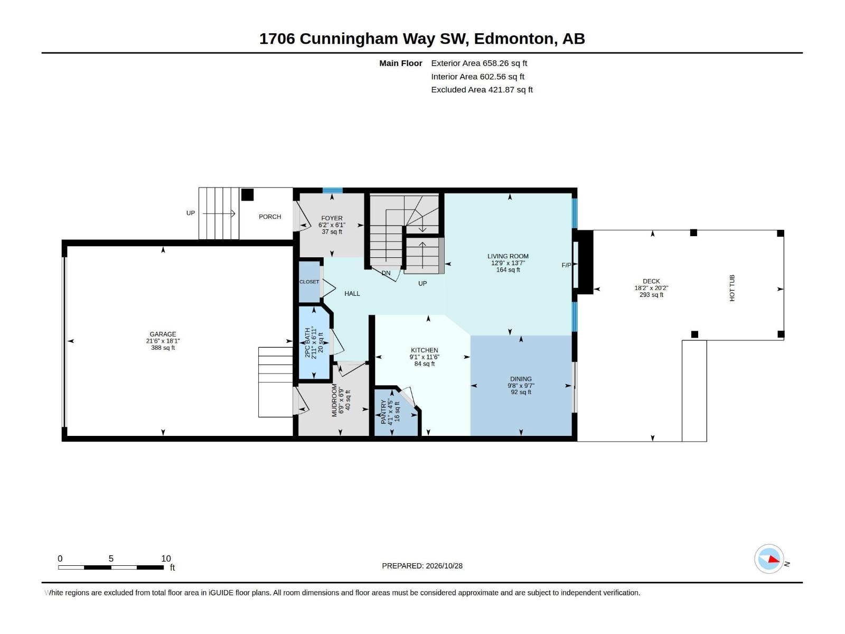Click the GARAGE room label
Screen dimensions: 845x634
tap(163, 334)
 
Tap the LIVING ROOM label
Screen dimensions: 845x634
tap(508, 256)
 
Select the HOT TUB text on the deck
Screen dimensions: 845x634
tap(732, 288)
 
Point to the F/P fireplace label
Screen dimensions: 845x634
tap(566, 265)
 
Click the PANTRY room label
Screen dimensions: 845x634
tap(383, 412)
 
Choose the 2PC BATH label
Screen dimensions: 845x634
tap(307, 342)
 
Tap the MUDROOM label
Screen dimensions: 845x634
tap(334, 400)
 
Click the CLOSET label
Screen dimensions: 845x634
tap(309, 282)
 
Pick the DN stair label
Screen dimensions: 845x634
tap(386, 273)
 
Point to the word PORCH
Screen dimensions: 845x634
tap(270, 217)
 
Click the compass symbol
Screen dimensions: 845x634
tap(769, 560)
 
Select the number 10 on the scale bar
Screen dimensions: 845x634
tap(166, 558)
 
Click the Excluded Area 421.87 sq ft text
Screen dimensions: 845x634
tap(482, 90)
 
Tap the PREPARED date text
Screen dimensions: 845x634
tap(422, 566)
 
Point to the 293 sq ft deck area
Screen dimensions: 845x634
tap(651, 295)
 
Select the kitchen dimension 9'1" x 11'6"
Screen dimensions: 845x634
tap(424, 357)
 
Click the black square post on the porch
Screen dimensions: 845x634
tap(247, 195)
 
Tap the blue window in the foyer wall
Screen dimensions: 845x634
tap(333, 190)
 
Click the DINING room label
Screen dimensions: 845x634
tap(521, 379)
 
